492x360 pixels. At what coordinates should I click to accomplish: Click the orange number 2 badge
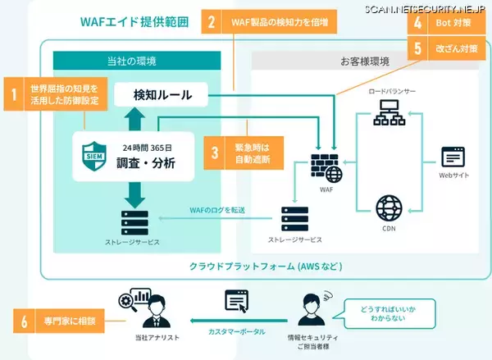212,21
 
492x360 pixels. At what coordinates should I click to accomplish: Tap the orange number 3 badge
215,153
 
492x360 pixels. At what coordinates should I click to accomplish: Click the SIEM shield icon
92,153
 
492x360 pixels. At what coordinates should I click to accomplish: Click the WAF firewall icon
326,166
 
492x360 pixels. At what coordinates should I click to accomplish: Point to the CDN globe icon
387,205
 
